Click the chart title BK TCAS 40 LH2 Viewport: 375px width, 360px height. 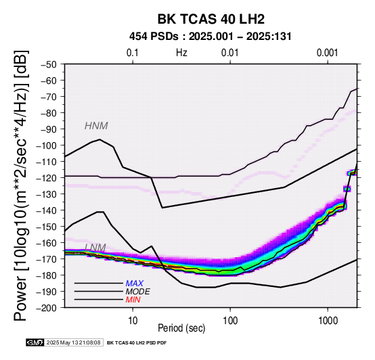pos(211,19)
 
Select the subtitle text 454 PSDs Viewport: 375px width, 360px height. pos(154,37)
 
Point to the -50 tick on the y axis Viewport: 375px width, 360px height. pos(49,64)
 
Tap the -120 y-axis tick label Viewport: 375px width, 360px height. pos(47,178)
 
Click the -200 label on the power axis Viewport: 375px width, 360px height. pos(47,308)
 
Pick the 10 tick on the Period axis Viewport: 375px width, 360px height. pos(133,321)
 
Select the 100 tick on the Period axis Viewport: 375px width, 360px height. pos(230,321)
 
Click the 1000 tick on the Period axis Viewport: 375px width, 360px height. pos(328,321)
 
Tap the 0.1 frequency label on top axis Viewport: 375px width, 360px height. pos(133,53)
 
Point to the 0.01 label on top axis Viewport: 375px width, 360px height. pos(230,53)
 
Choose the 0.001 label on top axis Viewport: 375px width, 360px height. pos(327,53)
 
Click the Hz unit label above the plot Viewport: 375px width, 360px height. pos(181,53)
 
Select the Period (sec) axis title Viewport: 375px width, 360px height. pos(181,328)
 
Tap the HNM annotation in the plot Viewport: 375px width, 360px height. pos(96,126)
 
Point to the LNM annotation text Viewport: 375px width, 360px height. pos(95,248)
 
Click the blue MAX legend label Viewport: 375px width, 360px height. pos(135,284)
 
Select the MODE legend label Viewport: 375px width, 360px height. pos(138,292)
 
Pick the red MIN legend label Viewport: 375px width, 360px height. pos(133,300)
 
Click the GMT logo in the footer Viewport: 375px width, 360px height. pos(35,342)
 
